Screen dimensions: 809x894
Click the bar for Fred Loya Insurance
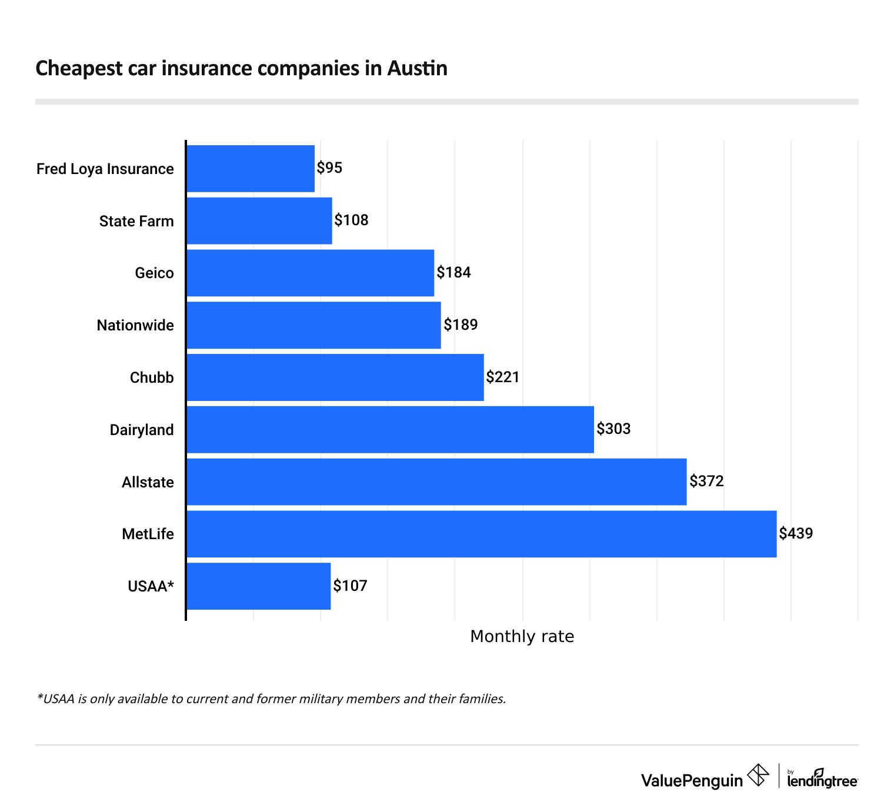click(251, 169)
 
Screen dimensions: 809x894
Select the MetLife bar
click(481, 534)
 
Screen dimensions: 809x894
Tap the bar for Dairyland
click(390, 430)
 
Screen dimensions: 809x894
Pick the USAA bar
click(258, 586)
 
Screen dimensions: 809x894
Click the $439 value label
click(796, 534)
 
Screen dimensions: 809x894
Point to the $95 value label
click(329, 168)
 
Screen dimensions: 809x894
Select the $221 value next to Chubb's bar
click(503, 377)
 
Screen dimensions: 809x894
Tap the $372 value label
click(706, 482)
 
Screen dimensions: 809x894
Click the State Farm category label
click(136, 222)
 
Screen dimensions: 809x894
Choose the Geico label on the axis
click(154, 273)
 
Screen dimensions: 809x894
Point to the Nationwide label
click(135, 326)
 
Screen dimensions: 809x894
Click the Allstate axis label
click(148, 483)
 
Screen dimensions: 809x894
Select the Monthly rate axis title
click(522, 637)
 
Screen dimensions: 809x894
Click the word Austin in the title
click(417, 68)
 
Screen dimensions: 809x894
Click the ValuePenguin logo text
click(692, 781)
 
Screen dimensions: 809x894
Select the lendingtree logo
click(822, 779)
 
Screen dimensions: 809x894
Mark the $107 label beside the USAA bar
click(350, 586)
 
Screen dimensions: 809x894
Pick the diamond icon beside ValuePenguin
click(758, 775)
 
